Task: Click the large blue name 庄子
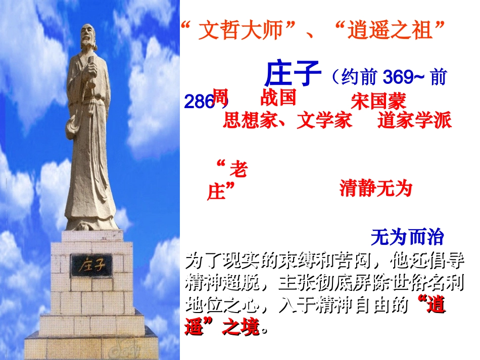[293, 74]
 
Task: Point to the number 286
[199, 101]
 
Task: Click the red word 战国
[278, 97]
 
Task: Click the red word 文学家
[324, 121]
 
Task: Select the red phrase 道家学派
[414, 121]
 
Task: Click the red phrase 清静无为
[376, 188]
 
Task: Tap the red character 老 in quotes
[238, 170]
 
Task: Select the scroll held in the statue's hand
[92, 66]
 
